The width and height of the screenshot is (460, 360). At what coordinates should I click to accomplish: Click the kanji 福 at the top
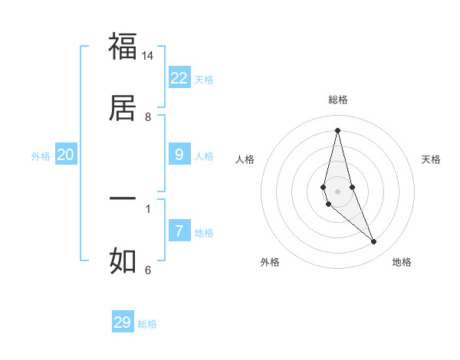click(x=123, y=46)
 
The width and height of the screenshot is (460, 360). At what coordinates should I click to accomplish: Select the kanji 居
click(x=123, y=107)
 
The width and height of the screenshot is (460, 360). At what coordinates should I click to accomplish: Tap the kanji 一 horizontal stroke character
click(x=123, y=198)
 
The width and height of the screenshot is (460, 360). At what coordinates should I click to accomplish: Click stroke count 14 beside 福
click(x=148, y=56)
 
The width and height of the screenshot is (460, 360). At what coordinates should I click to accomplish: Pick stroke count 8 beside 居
click(x=148, y=117)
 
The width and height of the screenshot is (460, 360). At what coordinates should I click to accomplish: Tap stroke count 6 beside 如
click(x=148, y=270)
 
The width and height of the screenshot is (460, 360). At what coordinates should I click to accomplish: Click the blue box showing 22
click(x=179, y=77)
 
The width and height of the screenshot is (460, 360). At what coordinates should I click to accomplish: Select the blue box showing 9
click(x=179, y=155)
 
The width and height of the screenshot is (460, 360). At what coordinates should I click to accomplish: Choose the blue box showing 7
click(x=179, y=231)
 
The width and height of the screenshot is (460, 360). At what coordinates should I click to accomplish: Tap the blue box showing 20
click(x=66, y=155)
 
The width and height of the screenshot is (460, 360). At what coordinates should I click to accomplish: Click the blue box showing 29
click(x=123, y=322)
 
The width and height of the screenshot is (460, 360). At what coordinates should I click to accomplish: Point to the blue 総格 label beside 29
click(x=147, y=324)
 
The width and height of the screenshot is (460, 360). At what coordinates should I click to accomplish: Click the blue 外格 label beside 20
click(x=41, y=156)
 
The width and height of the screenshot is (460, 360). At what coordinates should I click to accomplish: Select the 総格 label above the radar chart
click(x=337, y=100)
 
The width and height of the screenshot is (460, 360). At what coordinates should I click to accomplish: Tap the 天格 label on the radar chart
click(x=431, y=159)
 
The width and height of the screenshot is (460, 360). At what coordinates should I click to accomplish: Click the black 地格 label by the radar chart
click(x=402, y=262)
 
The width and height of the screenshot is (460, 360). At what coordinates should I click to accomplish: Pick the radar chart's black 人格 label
click(x=245, y=159)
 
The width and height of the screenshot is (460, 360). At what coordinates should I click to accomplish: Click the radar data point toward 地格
click(x=374, y=242)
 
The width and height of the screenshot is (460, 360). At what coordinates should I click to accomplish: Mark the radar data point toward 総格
click(x=337, y=129)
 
